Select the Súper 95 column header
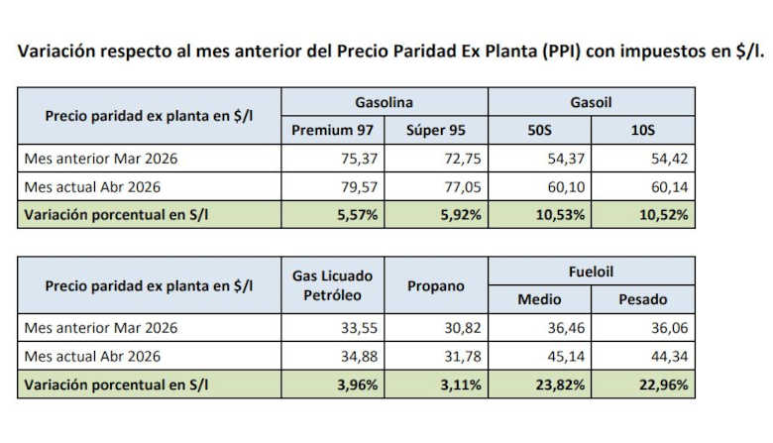click(436, 131)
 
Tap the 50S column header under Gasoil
click(540, 131)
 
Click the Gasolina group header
click(384, 102)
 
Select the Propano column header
click(436, 285)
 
